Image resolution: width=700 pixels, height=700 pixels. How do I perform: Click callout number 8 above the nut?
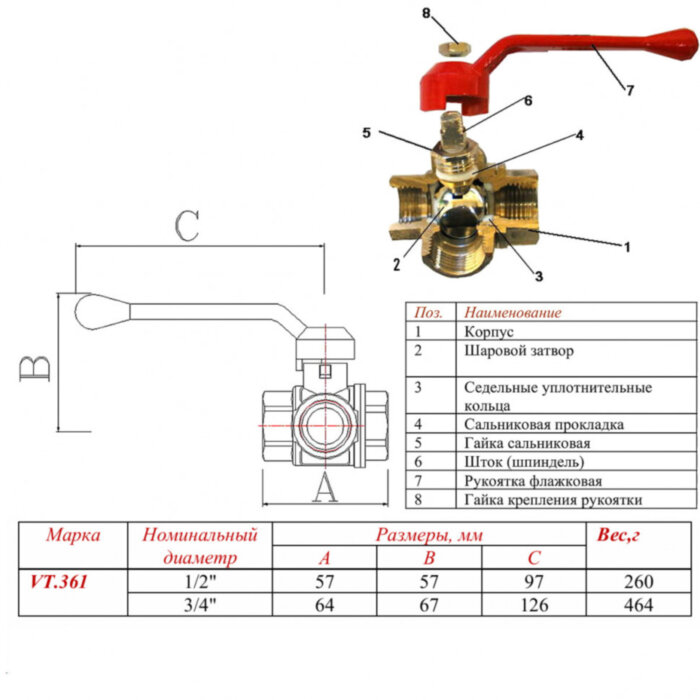tap(426, 14)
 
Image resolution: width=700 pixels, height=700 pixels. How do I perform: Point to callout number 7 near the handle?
tap(630, 91)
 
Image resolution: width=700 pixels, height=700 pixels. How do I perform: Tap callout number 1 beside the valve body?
tap(627, 246)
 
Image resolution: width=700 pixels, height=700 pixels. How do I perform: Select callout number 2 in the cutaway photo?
tap(396, 265)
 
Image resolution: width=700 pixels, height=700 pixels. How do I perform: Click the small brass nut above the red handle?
tap(452, 46)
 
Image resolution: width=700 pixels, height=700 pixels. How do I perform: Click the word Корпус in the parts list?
tap(488, 331)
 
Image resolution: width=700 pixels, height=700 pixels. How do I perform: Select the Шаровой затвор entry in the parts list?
tap(518, 351)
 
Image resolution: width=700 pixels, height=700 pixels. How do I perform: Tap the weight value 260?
tap(638, 581)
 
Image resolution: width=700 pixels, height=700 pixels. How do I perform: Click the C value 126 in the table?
tap(532, 604)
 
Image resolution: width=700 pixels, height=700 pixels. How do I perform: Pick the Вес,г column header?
tap(619, 536)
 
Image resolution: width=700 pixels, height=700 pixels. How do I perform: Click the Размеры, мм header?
tap(429, 535)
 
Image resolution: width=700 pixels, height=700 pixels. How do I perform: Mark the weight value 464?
tap(638, 604)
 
